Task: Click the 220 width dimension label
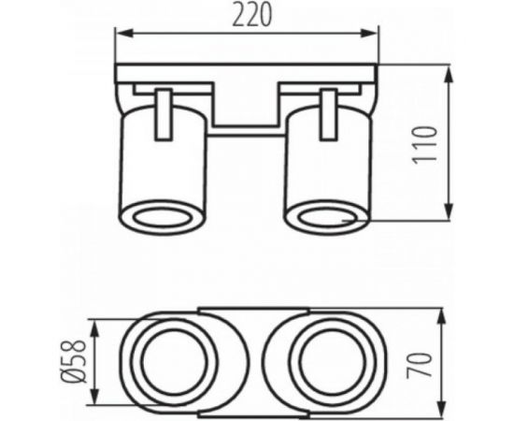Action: tap(249, 17)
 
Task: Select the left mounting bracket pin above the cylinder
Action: tap(164, 110)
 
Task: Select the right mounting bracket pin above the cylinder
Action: tap(327, 110)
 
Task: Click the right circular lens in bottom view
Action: tap(327, 360)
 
